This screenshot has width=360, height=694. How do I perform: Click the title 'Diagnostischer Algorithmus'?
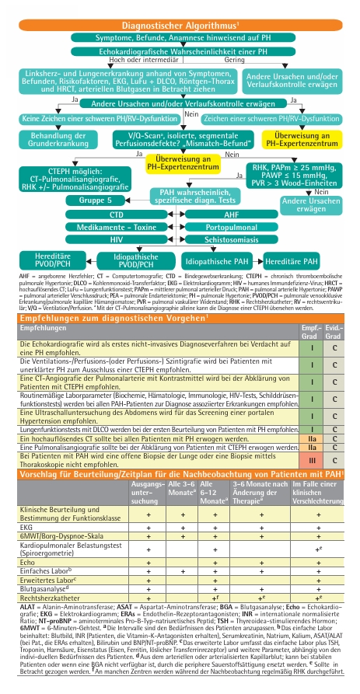pyautogui.click(x=179, y=26)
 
